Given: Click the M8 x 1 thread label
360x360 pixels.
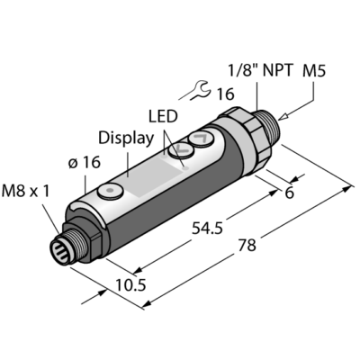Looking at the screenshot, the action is pos(25,192).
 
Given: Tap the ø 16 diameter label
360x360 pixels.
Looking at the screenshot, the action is pos(84,163).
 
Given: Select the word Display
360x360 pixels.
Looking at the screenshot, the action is pos(126,139).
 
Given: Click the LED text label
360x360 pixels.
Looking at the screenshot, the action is pos(163,116).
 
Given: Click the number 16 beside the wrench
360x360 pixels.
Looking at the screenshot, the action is pos(225,94).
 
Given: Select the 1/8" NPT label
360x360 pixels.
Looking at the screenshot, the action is pos(260,71).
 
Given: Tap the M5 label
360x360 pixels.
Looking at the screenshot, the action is pos(314,71).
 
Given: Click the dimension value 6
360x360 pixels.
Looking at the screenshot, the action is pos(289,193).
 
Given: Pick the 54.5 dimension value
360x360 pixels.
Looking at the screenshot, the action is pos(207,229).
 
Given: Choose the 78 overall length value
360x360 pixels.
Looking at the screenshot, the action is pos(247,245).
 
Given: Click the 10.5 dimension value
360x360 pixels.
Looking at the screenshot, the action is pos(130,285).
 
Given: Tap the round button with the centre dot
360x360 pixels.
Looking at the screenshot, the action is pos(110,191).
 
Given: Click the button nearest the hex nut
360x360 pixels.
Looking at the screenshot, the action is pos(201,139).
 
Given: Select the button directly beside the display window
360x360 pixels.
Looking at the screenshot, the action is pos(182,148).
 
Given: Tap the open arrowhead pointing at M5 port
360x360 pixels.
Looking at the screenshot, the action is pos(283,117).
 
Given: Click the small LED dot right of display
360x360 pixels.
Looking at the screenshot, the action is pos(186,169).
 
